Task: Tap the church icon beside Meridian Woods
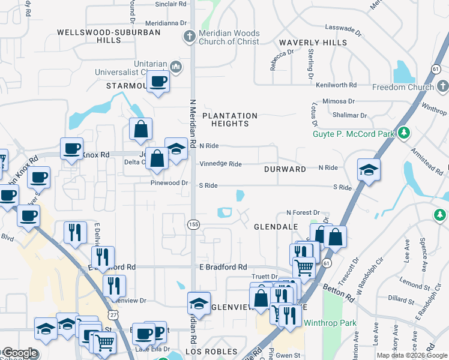(189, 37)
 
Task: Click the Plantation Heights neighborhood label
(230, 119)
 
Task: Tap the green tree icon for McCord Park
(405, 132)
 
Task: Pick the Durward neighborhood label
(285, 169)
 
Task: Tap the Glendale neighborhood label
(276, 227)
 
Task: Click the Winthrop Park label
(330, 323)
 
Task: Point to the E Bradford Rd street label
(223, 267)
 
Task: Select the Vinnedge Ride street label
(220, 164)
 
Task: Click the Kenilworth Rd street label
(337, 85)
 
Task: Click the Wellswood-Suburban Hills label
(109, 36)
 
